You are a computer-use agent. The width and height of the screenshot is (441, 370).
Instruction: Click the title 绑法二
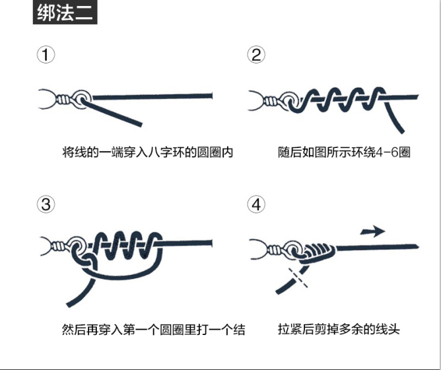65,13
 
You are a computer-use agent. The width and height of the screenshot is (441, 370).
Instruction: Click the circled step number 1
45,55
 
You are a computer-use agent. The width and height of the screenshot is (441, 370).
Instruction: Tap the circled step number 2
256,55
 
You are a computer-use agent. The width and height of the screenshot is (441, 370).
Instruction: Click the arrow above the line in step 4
373,231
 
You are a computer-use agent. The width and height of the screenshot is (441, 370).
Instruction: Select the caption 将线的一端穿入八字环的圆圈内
148,152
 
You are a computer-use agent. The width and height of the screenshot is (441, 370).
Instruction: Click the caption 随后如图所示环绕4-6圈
345,152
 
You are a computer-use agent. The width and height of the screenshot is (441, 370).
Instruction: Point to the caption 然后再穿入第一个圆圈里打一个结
153,328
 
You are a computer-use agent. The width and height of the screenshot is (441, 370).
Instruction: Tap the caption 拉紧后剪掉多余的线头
339,328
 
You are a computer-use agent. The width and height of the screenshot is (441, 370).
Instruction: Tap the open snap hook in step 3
47,246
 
